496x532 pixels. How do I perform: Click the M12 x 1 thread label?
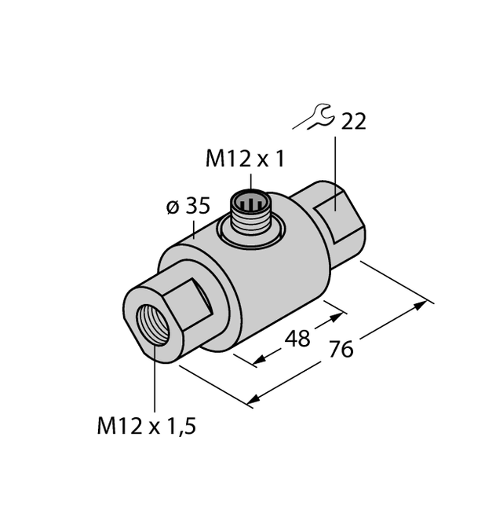coord(244,160)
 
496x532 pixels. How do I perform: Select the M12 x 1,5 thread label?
coord(145,427)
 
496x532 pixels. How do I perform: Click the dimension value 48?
coord(296,339)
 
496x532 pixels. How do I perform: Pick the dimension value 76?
coord(340,349)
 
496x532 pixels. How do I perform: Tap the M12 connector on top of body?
coord(250,211)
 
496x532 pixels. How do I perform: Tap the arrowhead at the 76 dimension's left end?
coord(253,402)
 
